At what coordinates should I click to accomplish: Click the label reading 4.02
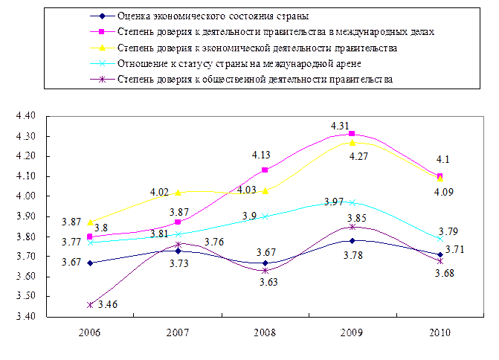point(161,192)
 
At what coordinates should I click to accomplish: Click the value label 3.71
point(454,250)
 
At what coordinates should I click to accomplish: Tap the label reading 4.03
point(247,190)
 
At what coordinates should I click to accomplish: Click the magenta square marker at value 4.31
point(352,134)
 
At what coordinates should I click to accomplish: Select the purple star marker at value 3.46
point(90,305)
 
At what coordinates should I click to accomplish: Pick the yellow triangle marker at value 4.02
point(178,193)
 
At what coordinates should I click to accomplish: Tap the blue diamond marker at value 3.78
point(352,240)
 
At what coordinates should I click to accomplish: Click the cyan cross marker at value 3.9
point(265,216)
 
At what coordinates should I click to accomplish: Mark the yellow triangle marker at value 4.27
point(352,142)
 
